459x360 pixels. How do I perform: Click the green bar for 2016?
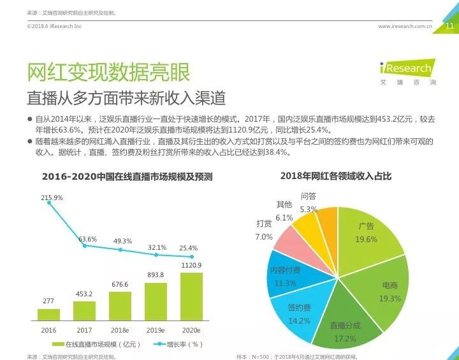[x=48, y=315]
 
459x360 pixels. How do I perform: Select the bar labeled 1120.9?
[x=191, y=296]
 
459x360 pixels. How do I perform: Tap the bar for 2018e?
[x=120, y=306]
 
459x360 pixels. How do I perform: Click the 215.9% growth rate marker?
[x=49, y=203]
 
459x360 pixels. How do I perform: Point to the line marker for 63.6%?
[x=85, y=246]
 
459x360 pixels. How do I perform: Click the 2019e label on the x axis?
[x=156, y=330]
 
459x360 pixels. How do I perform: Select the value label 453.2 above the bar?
[x=84, y=294]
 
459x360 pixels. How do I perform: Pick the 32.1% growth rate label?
[x=157, y=247]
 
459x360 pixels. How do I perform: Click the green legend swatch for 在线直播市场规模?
[x=58, y=344]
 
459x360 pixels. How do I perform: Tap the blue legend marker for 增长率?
[x=159, y=344]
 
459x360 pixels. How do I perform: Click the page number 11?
[x=449, y=26]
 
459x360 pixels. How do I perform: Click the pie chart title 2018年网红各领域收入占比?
[x=336, y=176]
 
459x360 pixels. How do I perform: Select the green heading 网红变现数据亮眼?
[x=108, y=72]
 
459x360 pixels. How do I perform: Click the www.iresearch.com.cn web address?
[x=405, y=26]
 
